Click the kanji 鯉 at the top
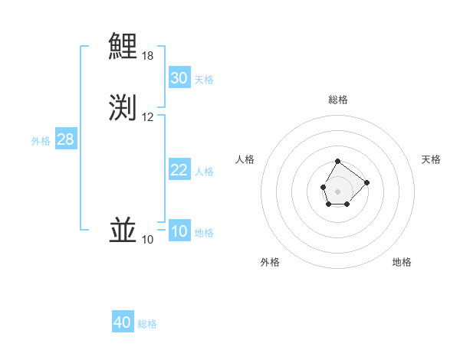coord(123,46)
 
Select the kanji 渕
coord(123,107)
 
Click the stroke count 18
coord(148,56)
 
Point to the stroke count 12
coord(148,117)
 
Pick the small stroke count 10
coord(148,240)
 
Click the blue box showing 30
coord(179,78)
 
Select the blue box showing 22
coord(179,170)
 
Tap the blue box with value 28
coord(65,139)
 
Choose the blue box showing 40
coord(123,322)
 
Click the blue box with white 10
coord(179,231)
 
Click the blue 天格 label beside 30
coord(204,80)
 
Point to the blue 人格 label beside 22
coord(204,172)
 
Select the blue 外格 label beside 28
coord(41,141)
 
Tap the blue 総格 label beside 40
coord(147,324)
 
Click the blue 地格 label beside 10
coord(204,233)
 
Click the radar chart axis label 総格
coord(338,100)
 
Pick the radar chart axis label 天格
coord(432,159)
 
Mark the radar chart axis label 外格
coord(270,262)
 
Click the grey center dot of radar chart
coord(337,190)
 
